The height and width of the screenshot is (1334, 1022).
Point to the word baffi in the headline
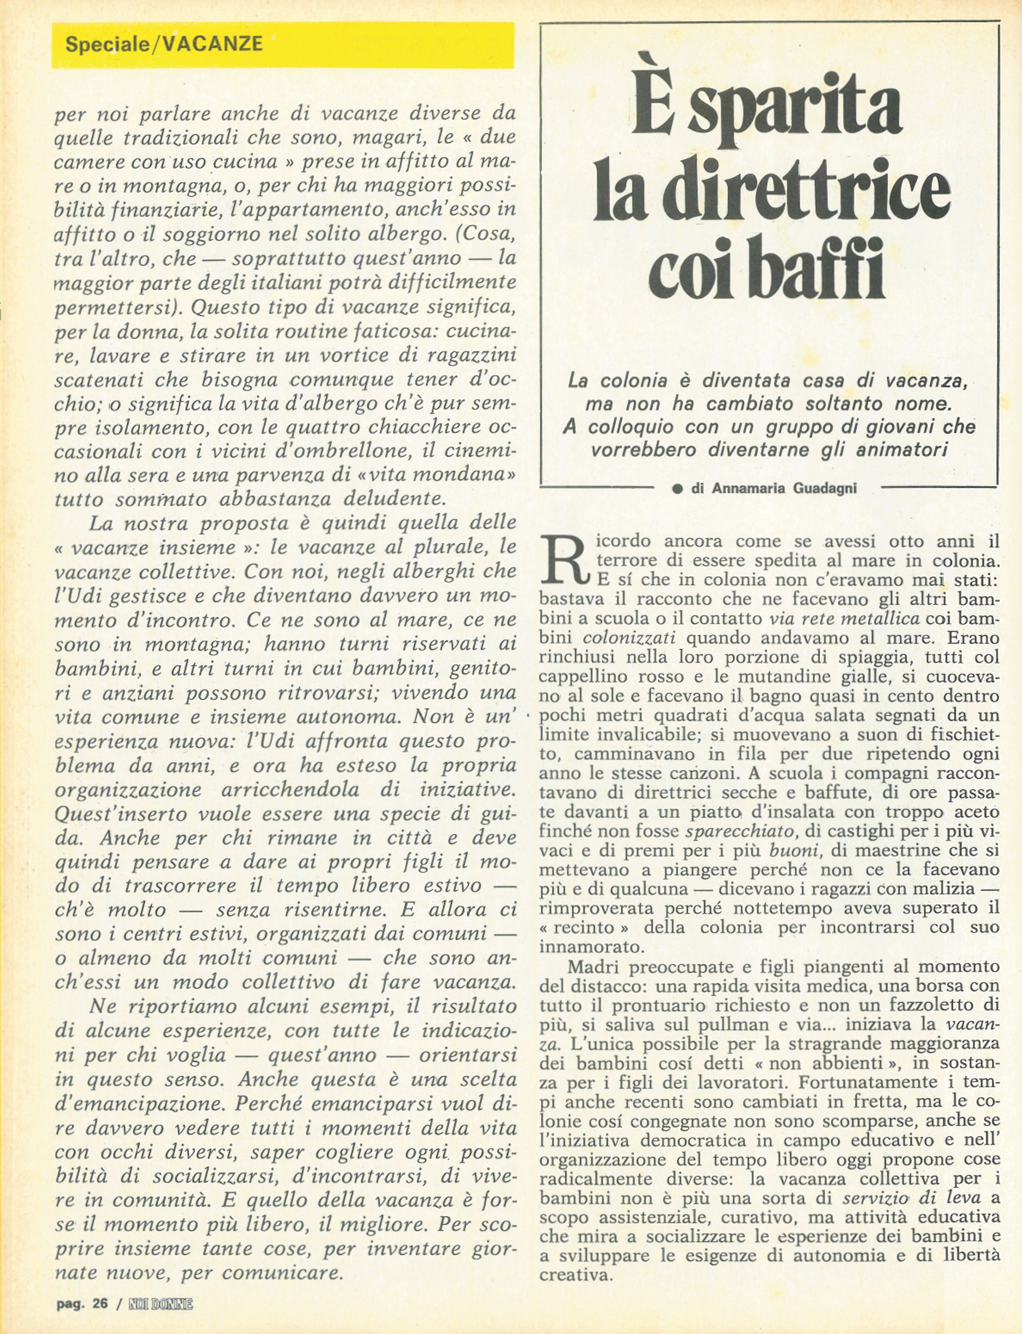coord(821,268)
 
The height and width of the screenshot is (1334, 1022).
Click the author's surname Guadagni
coord(824,488)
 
